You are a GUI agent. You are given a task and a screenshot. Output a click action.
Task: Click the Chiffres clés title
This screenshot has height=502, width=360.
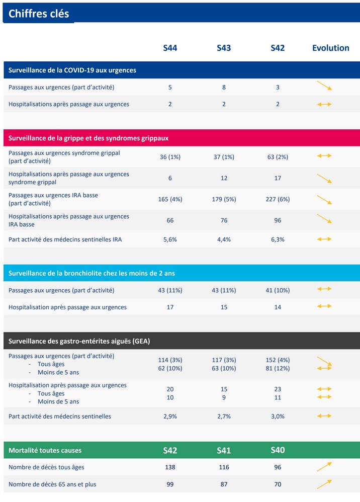click(39, 14)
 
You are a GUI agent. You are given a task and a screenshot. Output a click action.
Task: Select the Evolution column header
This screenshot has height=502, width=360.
click(330, 48)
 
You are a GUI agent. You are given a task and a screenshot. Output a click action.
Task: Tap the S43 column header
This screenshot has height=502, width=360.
click(224, 48)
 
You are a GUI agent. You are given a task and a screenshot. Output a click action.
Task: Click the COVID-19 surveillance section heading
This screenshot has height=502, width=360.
click(72, 70)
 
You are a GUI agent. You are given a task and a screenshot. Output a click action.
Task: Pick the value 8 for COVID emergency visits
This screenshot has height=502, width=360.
click(224, 87)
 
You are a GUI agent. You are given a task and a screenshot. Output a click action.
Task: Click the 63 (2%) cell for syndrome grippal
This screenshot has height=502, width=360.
click(278, 157)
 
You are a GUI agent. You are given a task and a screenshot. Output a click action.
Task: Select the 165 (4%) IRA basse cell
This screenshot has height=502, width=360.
click(170, 199)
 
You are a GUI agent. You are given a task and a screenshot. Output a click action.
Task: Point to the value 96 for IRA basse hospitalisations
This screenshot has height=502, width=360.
click(278, 220)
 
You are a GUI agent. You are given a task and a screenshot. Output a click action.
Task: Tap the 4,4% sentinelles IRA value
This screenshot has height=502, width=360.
click(224, 239)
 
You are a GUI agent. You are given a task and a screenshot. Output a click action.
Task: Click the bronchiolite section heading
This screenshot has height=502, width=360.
click(92, 273)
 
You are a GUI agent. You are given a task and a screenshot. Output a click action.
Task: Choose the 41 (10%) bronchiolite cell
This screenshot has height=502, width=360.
click(278, 290)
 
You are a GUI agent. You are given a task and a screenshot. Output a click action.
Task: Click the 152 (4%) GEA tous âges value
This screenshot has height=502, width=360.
click(278, 360)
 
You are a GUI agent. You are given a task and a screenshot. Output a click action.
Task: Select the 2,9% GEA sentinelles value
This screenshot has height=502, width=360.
click(170, 416)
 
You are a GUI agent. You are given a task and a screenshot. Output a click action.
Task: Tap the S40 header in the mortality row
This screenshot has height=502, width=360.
click(278, 450)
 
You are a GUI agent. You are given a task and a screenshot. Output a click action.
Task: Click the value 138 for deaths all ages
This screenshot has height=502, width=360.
click(170, 467)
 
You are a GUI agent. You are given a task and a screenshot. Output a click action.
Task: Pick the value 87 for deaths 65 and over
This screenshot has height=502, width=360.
click(224, 484)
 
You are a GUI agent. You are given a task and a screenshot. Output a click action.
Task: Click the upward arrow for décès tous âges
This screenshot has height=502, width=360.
click(324, 467)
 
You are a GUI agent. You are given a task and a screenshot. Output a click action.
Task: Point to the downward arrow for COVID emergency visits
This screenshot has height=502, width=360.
click(324, 86)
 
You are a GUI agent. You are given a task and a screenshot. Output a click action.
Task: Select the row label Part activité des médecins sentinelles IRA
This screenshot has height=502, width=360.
click(65, 239)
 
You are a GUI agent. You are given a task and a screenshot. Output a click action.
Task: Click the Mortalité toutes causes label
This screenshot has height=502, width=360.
click(45, 450)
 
